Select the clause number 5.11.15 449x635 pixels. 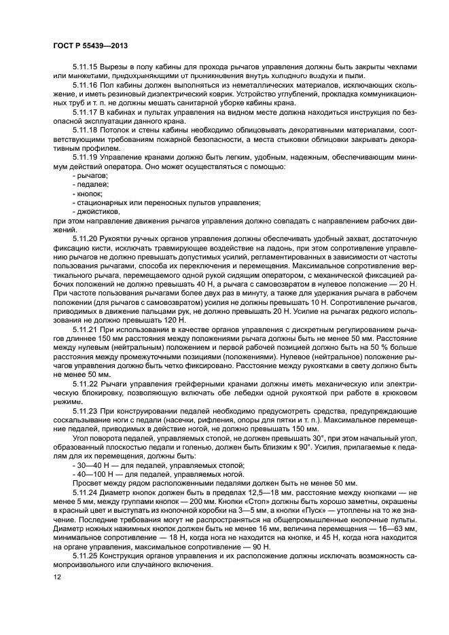click(85, 67)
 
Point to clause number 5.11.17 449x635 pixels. click(85, 110)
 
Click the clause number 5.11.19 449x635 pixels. click(85, 157)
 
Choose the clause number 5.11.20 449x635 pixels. click(85, 238)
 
